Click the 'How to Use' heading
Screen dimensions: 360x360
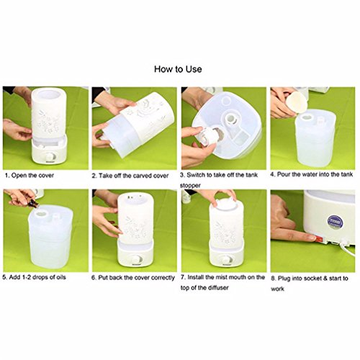pos(178,69)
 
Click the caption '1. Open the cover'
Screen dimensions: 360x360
pos(30,176)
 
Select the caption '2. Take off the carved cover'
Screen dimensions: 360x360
pos(130,176)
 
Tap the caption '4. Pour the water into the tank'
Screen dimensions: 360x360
pos(312,174)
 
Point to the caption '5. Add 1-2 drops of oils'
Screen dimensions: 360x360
pos(34,277)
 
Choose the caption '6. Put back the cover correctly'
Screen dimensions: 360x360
pos(133,278)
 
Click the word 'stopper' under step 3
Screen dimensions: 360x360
pos(190,186)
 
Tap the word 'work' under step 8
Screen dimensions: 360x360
pos(278,289)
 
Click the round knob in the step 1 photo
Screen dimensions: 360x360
pos(51,157)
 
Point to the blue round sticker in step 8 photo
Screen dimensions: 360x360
pos(335,222)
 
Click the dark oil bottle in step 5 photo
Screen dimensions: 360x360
pos(34,204)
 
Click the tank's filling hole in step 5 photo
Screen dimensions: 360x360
pos(41,213)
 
